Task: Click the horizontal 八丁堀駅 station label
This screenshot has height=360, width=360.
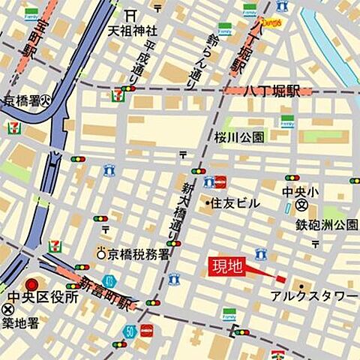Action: coord(271,91)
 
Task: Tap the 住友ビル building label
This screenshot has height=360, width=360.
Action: coord(234,203)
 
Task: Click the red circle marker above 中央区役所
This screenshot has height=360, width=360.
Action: coord(32,284)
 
